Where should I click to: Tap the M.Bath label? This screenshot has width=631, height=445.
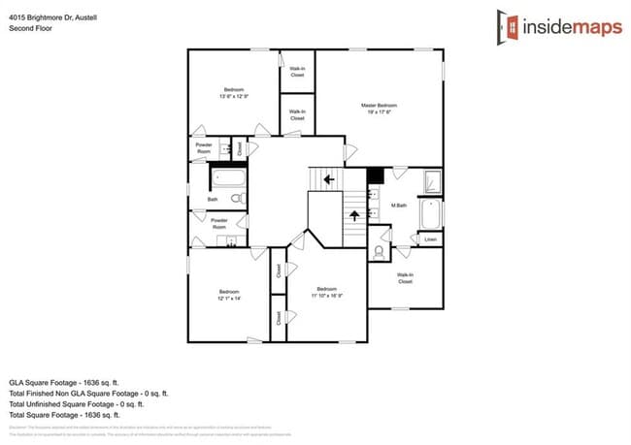pyautogui.click(x=398, y=206)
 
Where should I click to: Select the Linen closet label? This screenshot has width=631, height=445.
pyautogui.click(x=429, y=238)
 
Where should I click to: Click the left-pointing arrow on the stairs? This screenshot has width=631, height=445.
pyautogui.click(x=329, y=179)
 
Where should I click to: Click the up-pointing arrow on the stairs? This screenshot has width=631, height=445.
pyautogui.click(x=357, y=214)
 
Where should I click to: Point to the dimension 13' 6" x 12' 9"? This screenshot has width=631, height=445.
pyautogui.click(x=234, y=96)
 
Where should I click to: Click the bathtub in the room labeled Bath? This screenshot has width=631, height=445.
pyautogui.click(x=229, y=178)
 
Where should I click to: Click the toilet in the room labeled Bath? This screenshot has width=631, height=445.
pyautogui.click(x=236, y=199)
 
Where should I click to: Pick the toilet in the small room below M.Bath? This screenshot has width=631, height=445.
pyautogui.click(x=378, y=250)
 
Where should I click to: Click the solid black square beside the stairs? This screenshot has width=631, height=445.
pyautogui.click(x=374, y=175)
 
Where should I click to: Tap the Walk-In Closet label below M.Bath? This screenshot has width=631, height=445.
pyautogui.click(x=405, y=278)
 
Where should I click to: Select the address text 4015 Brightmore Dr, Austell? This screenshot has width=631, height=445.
pyautogui.click(x=52, y=17)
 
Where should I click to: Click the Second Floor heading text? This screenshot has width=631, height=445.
pyautogui.click(x=30, y=28)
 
